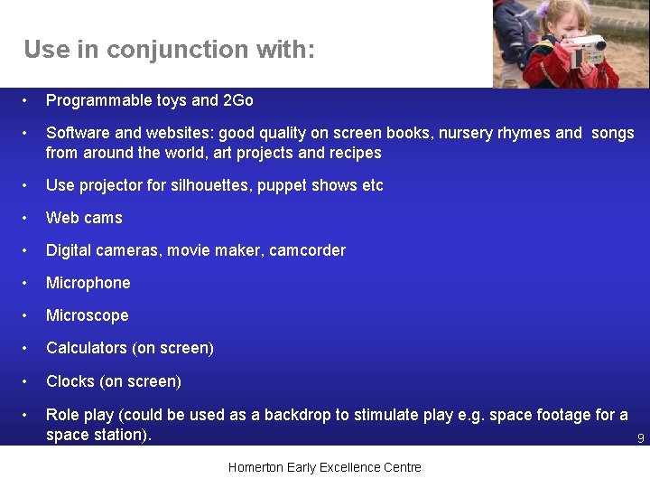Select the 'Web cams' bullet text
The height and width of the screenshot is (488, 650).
84,218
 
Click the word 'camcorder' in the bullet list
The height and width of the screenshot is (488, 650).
308,250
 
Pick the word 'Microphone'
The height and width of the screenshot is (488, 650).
88,283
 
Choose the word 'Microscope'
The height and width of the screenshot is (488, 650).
87,315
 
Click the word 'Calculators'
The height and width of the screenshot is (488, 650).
87,348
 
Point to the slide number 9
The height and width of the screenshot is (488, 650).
640,439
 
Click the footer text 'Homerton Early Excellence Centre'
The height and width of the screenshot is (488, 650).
324,467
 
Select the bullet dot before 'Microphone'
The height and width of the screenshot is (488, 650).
29,283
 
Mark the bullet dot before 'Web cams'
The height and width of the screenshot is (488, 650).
29,218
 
